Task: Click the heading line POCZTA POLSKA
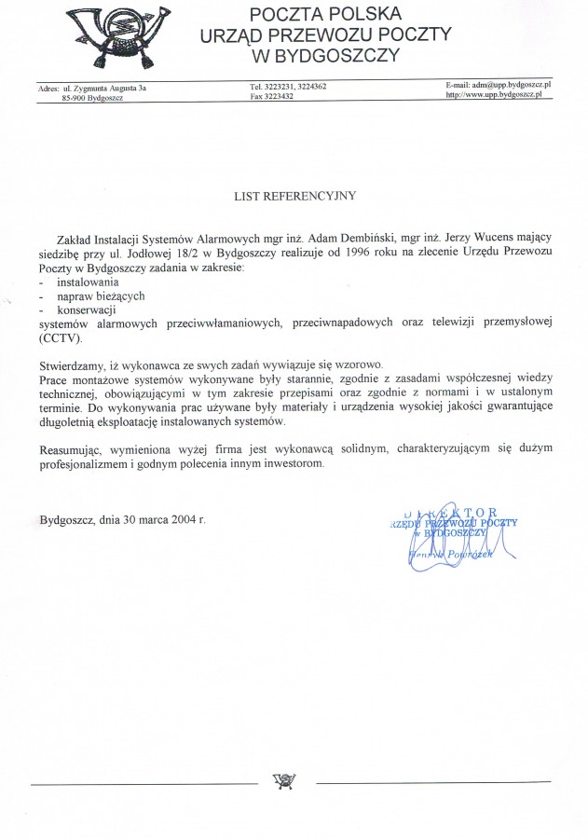(325, 14)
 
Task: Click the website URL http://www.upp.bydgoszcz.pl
(499, 95)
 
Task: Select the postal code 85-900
(74, 97)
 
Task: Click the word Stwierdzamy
(70, 364)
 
